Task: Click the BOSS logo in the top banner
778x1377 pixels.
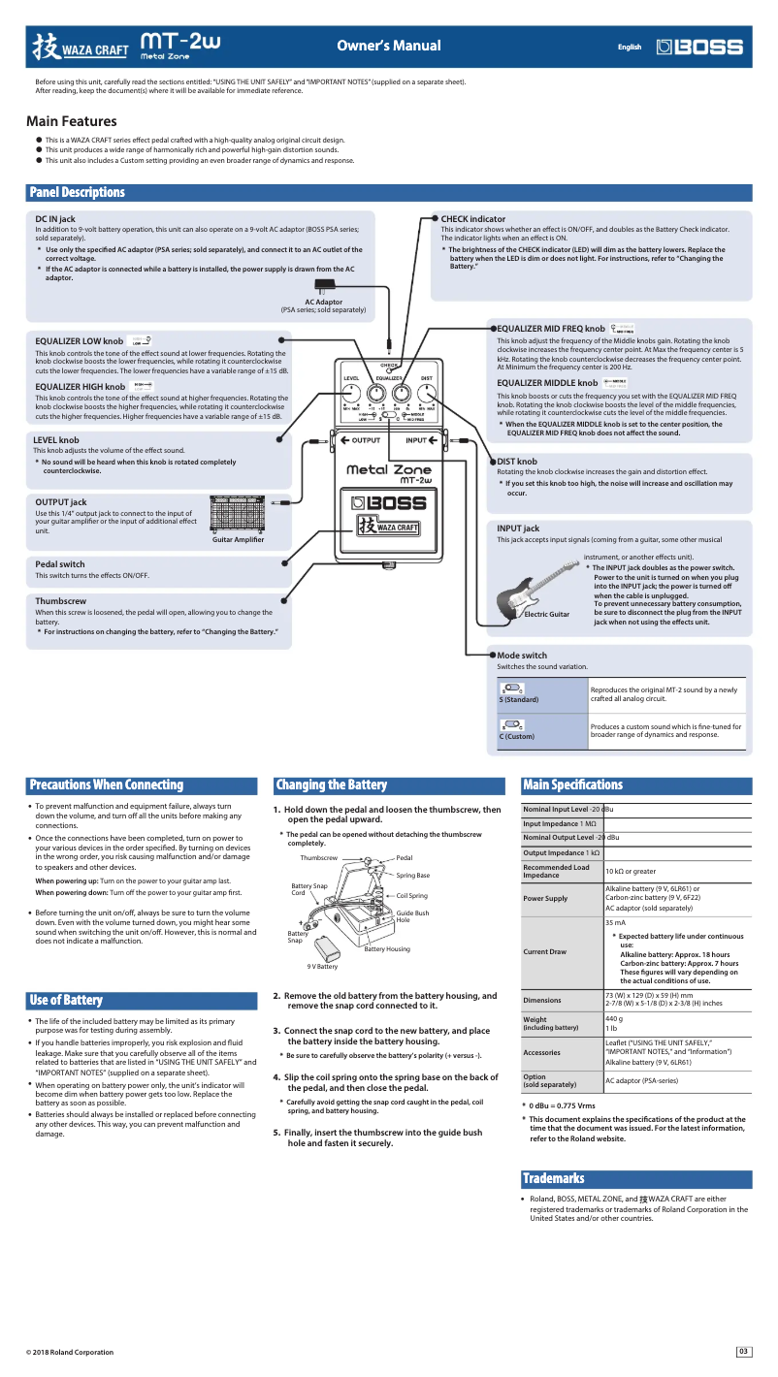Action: point(699,47)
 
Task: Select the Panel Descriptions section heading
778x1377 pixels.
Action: point(77,193)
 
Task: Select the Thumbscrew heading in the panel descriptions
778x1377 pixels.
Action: point(60,601)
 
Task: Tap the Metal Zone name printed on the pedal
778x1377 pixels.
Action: point(388,471)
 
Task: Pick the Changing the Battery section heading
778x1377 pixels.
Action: point(331,785)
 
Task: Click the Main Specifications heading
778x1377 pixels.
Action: point(572,785)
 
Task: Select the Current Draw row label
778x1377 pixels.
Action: point(544,952)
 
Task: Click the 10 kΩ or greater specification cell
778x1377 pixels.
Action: point(676,872)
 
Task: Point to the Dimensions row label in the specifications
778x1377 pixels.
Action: point(542,999)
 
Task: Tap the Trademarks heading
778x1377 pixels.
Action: point(553,1179)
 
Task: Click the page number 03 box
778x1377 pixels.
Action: point(743,1352)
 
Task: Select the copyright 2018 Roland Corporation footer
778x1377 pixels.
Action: point(70,1352)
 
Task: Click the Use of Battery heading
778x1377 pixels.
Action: point(66,1000)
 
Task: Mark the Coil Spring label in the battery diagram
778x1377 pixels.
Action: point(411,896)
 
